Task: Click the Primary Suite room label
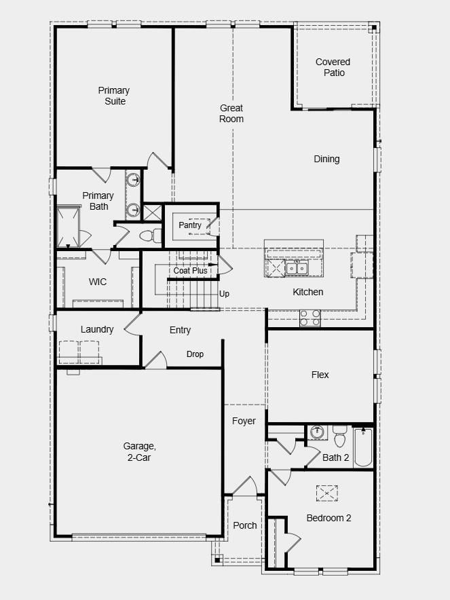pyautogui.click(x=114, y=96)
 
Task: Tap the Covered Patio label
pyautogui.click(x=333, y=67)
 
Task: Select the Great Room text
pyautogui.click(x=231, y=113)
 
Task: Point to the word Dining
pyautogui.click(x=326, y=159)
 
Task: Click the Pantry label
pyautogui.click(x=190, y=225)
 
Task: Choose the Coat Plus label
pyautogui.click(x=190, y=271)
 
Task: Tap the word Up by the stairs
pyautogui.click(x=224, y=294)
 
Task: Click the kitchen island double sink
pyautogui.click(x=297, y=268)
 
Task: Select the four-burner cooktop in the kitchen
pyautogui.click(x=310, y=318)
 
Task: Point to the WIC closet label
pyautogui.click(x=98, y=282)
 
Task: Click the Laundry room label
pyautogui.click(x=97, y=329)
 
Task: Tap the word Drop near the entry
pyautogui.click(x=195, y=354)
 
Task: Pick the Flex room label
pyautogui.click(x=320, y=375)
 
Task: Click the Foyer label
pyautogui.click(x=244, y=421)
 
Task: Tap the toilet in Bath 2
pyautogui.click(x=340, y=436)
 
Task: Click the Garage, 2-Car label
pyautogui.click(x=139, y=451)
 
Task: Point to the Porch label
pyautogui.click(x=245, y=526)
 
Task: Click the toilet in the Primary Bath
pyautogui.click(x=151, y=236)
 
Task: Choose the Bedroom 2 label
pyautogui.click(x=329, y=518)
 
